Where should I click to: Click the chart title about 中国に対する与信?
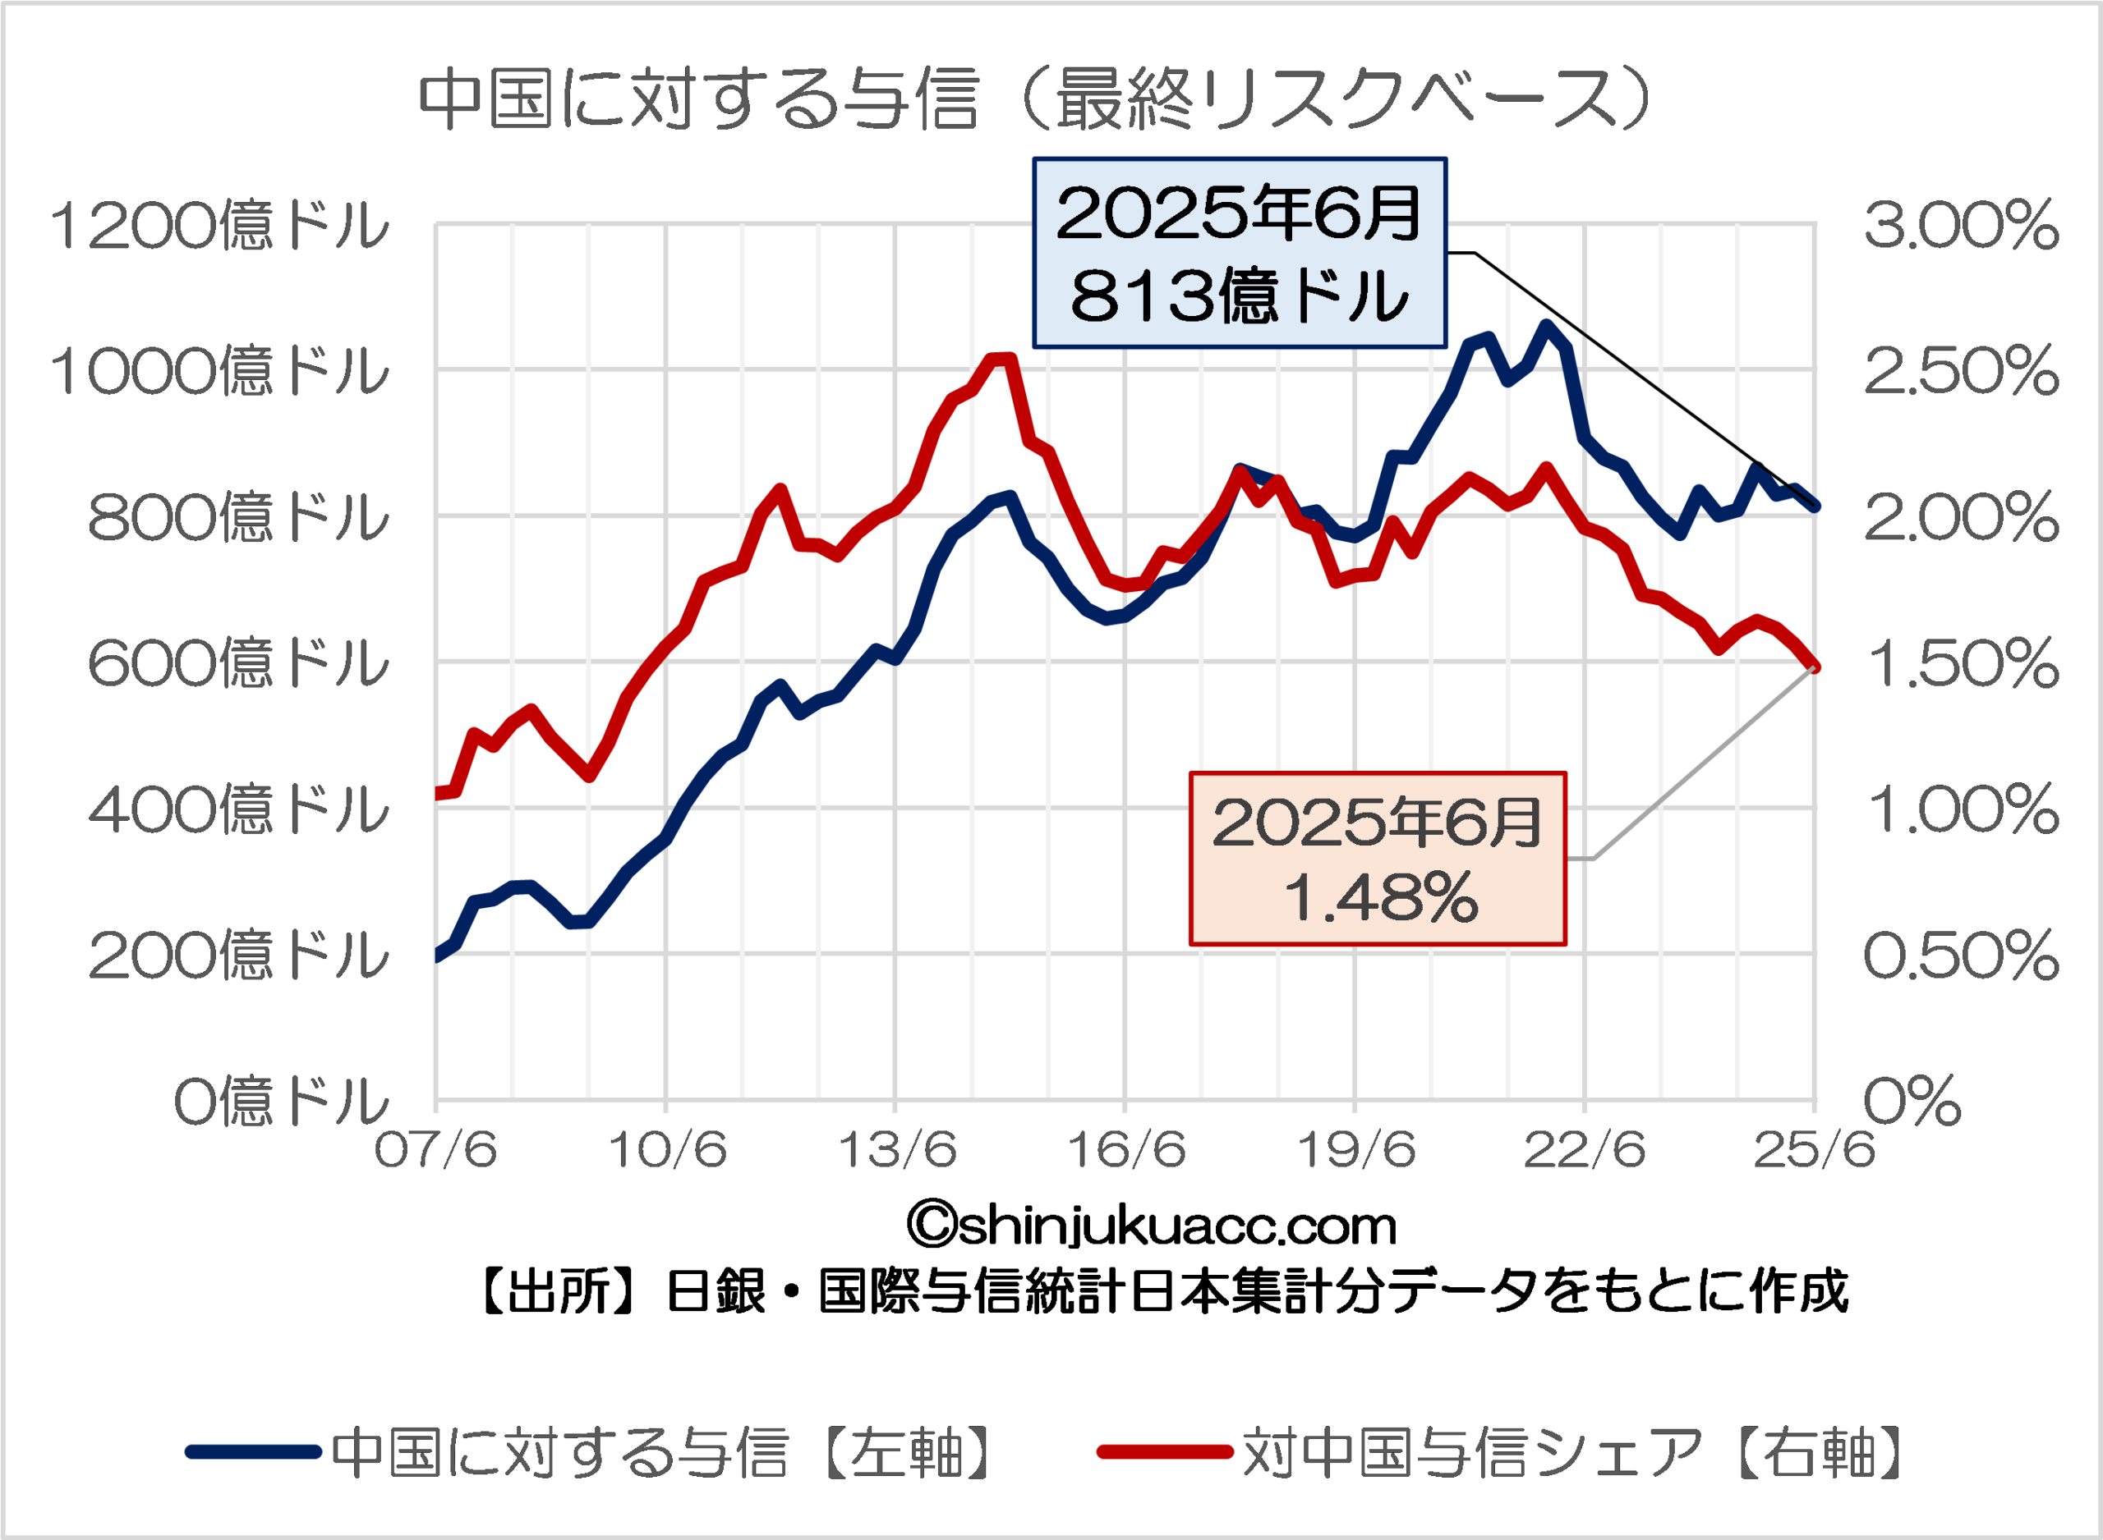point(1035,99)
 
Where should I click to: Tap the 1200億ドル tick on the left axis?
point(219,226)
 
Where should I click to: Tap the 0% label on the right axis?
point(1912,1101)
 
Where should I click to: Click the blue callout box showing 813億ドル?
point(1240,254)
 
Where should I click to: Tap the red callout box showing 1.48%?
point(1378,859)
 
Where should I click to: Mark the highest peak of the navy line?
point(1545,325)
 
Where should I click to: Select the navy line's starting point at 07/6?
point(437,956)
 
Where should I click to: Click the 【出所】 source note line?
point(1161,1292)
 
